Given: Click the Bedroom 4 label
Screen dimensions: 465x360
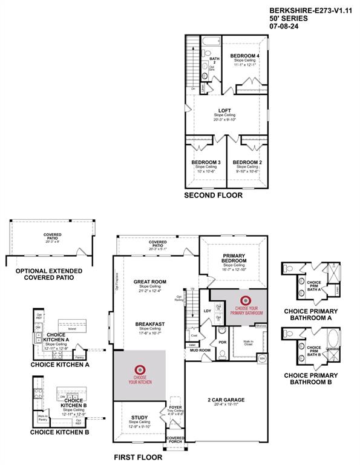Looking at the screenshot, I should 245,56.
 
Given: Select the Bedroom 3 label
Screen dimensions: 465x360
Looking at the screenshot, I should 206,162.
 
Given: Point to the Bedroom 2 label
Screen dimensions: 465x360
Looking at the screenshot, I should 247,162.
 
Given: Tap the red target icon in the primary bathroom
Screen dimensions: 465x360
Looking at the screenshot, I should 246,300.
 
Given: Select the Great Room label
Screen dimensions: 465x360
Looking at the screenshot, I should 149,282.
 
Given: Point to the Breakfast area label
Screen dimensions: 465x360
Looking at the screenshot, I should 150,325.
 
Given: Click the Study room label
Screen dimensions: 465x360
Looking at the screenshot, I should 140,418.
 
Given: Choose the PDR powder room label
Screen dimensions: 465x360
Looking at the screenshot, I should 222,341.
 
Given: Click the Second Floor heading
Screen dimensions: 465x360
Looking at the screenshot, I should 213,196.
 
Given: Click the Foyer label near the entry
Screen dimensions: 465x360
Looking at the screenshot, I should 175,407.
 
